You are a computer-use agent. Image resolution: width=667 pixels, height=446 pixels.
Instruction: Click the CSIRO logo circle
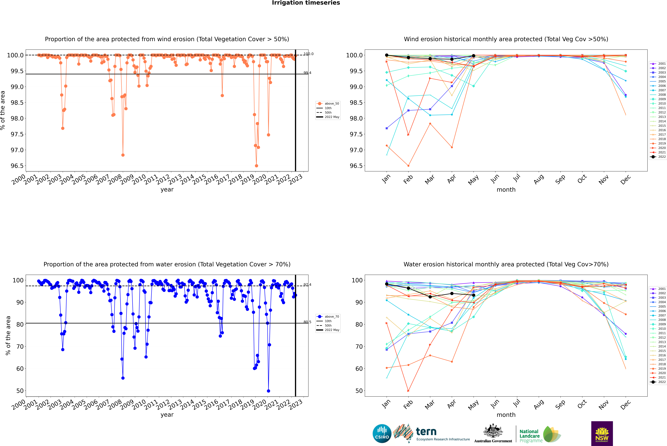[x=382, y=434]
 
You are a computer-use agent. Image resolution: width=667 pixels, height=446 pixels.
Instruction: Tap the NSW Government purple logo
[x=602, y=434]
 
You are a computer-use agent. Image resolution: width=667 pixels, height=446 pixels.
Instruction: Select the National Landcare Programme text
[x=529, y=436]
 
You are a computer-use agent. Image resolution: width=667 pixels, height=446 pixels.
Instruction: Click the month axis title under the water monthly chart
[x=506, y=415]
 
